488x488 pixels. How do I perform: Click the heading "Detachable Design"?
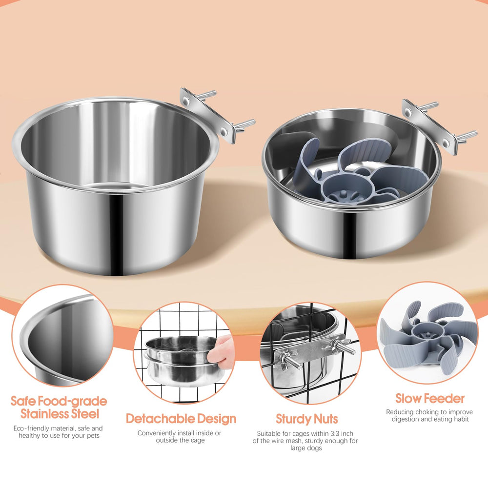tap(181, 419)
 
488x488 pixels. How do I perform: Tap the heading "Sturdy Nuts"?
tap(306, 419)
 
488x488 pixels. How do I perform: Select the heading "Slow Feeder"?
tap(430, 399)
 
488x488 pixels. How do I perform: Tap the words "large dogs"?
tap(306, 448)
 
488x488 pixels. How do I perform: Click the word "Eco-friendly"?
tap(31, 428)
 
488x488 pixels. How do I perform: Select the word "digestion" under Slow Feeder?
tap(405, 419)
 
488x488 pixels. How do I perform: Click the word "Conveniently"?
tap(156, 433)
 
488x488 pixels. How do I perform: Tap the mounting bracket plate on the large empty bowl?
tap(206, 116)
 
